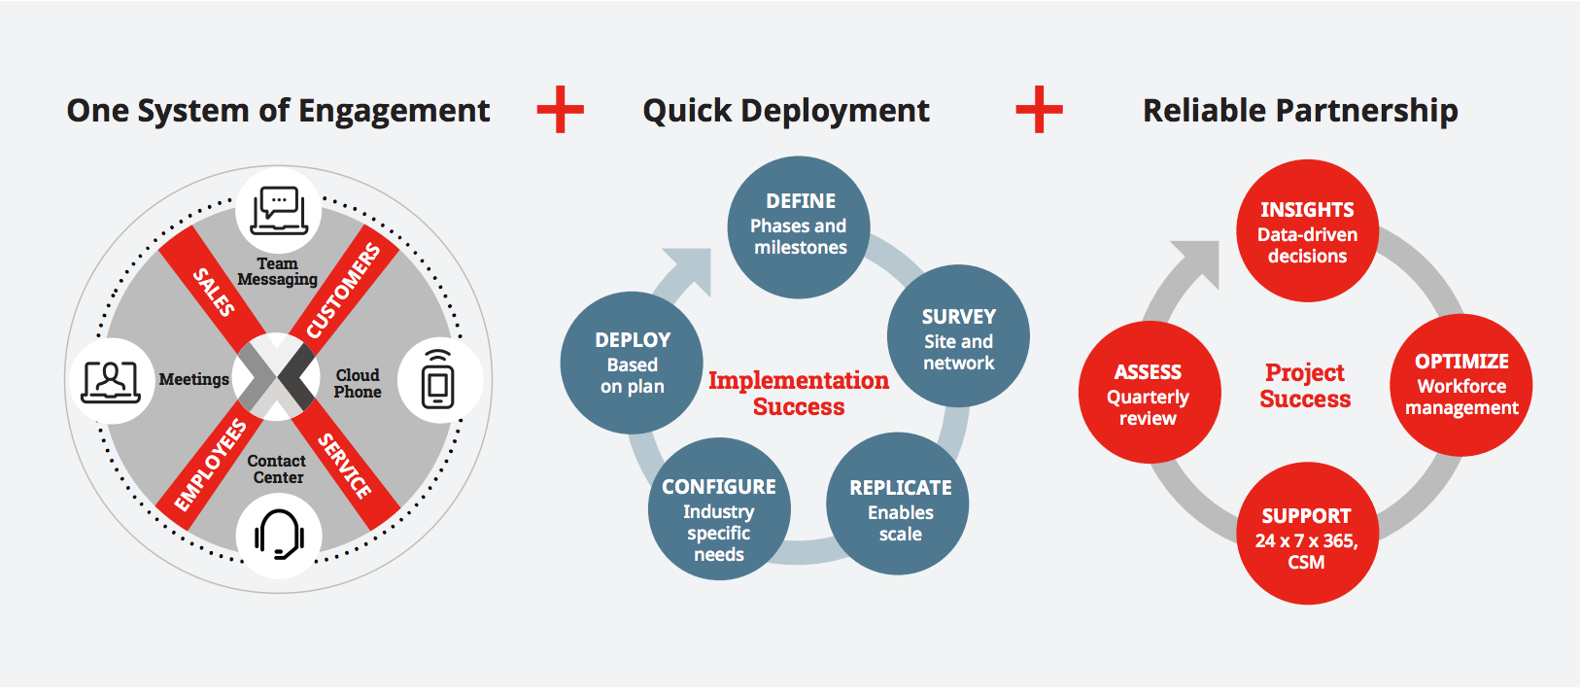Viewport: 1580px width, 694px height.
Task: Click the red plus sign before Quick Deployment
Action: coord(560,109)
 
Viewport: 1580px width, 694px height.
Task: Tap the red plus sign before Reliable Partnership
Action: coord(1039,109)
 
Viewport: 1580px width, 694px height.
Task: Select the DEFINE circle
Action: coord(799,227)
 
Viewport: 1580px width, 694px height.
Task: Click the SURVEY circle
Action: coord(958,335)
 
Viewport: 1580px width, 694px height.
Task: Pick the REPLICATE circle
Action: coord(897,503)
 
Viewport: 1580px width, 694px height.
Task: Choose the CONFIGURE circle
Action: coord(719,509)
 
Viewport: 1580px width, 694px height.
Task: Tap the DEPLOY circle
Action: coord(632,363)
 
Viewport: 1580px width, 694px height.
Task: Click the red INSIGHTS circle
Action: coord(1307,230)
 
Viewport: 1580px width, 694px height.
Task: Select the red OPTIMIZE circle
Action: coord(1460,385)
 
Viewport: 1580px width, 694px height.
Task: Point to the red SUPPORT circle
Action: coord(1307,534)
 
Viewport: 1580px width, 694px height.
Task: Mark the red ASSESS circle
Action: coord(1149,392)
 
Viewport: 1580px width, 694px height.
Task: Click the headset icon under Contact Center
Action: coord(279,534)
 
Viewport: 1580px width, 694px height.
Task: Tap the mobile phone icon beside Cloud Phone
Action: coord(438,379)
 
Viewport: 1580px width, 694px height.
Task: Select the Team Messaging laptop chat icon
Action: coord(279,210)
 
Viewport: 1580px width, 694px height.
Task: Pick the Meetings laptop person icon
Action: coord(111,382)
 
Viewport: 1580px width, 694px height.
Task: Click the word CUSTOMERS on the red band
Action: coord(344,291)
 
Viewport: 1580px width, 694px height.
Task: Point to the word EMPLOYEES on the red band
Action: coord(210,466)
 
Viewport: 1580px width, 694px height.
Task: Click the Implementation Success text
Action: coord(799,393)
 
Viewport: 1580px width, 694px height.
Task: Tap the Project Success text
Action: coord(1305,385)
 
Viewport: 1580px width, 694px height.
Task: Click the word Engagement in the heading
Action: coord(394,112)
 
